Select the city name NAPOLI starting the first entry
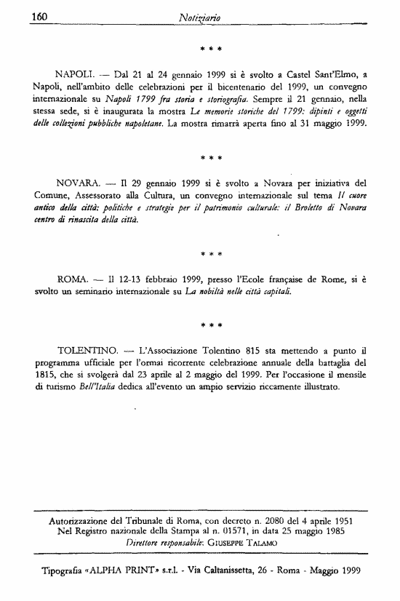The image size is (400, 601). pyautogui.click(x=76, y=75)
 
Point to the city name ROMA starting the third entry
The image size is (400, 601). pyautogui.click(x=71, y=279)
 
